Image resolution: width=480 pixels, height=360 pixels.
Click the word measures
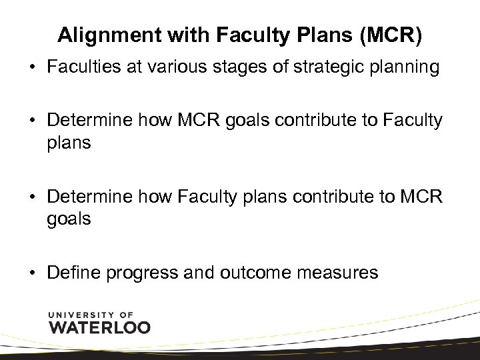point(345,272)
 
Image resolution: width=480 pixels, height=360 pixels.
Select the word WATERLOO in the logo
point(100,327)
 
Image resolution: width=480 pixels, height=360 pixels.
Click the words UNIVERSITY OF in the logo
point(91,313)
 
